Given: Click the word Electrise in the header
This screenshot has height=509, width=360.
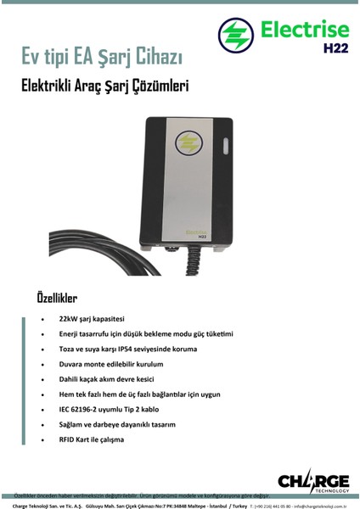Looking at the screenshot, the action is tap(300, 30).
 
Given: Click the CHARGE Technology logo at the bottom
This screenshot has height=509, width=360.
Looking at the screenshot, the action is tap(312, 480).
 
